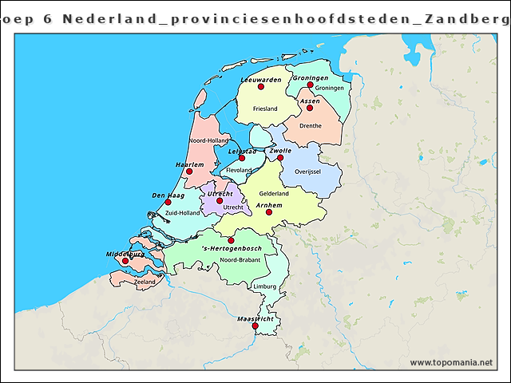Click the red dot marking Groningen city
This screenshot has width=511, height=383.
311,85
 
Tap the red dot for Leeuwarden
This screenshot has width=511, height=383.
260,86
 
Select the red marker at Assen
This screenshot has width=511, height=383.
310,108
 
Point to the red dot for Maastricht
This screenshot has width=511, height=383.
255,326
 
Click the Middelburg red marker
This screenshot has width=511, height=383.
125,260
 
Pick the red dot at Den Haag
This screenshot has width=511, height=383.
168,202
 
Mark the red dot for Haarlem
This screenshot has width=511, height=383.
189,171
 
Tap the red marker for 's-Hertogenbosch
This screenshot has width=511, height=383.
231,240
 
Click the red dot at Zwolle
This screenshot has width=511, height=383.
280,157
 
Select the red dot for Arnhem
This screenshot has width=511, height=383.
269,212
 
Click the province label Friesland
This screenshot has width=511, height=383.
264,109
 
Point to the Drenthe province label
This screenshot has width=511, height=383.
310,125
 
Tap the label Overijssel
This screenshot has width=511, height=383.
307,172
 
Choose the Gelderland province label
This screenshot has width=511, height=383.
274,193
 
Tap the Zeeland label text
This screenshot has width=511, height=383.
145,282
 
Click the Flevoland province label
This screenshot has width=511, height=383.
240,170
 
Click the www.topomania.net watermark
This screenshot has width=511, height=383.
451,363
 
